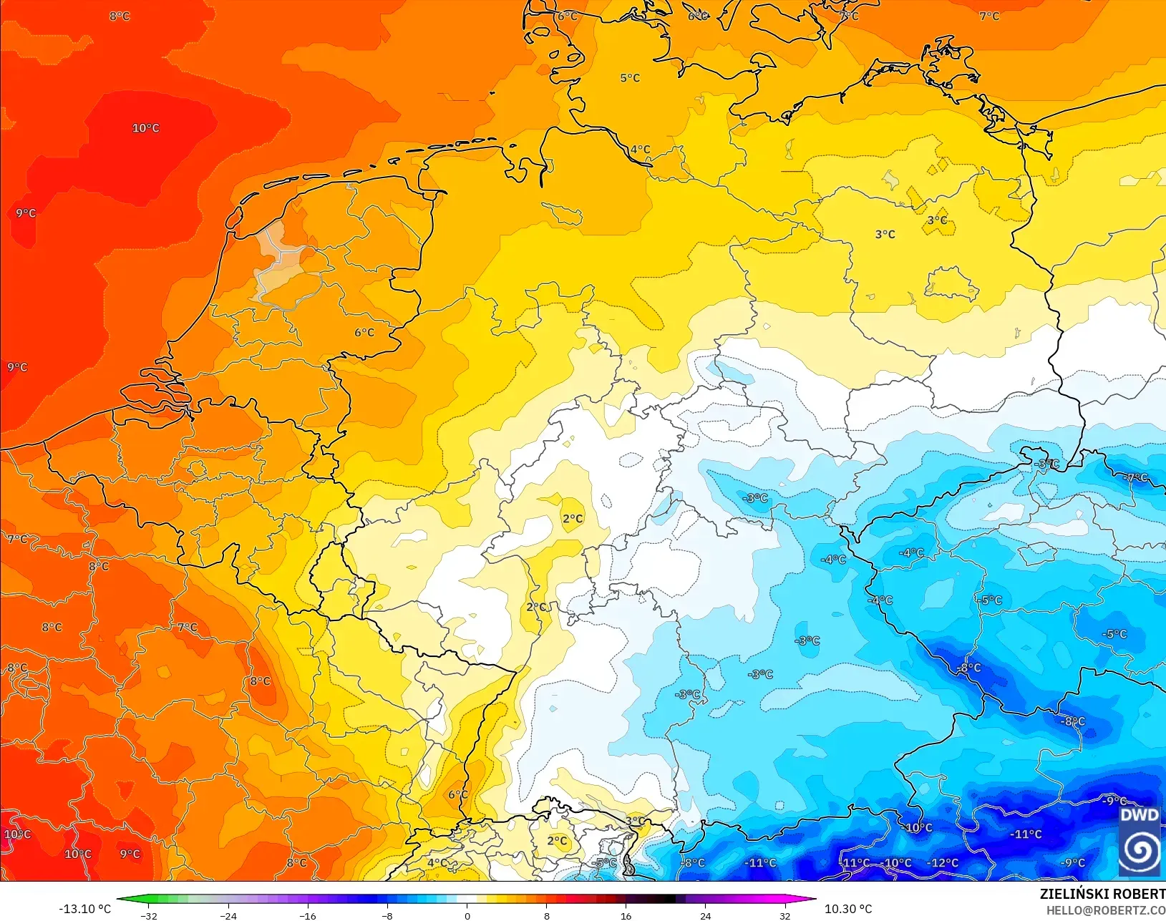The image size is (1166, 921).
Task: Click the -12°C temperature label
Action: coord(943,863)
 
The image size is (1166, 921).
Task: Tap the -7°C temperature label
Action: coord(1136,477)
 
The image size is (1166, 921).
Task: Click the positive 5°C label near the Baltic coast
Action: coord(630,77)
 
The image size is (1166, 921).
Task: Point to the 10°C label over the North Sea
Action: coord(145,128)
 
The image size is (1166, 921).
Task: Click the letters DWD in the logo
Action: coord(1139,815)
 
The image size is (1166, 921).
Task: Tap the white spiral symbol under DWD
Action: coord(1139,849)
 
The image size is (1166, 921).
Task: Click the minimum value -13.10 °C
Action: coord(84,909)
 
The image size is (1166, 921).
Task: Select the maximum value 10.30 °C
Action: coord(848,909)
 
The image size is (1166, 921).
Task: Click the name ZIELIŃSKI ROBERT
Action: coord(1102,894)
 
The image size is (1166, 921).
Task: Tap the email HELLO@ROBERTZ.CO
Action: coord(1106,910)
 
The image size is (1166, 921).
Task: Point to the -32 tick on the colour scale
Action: coord(149,916)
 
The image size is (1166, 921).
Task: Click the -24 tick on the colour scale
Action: coord(228,916)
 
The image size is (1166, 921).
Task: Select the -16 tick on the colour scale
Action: coord(308,916)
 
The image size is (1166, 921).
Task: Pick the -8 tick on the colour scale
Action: coord(387,916)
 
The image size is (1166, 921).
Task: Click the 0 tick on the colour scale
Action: coord(467,916)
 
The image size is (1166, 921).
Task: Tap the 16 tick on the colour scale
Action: coord(626,916)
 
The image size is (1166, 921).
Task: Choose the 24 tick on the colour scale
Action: coord(706,916)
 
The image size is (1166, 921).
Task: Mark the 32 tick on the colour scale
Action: coord(785,916)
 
